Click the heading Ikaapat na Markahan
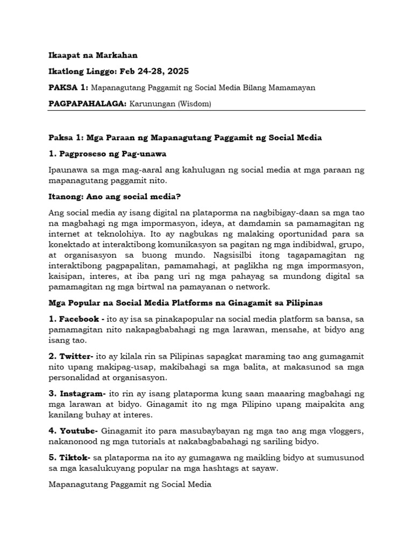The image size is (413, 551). [x=92, y=55]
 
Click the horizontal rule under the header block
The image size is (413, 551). [x=206, y=111]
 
